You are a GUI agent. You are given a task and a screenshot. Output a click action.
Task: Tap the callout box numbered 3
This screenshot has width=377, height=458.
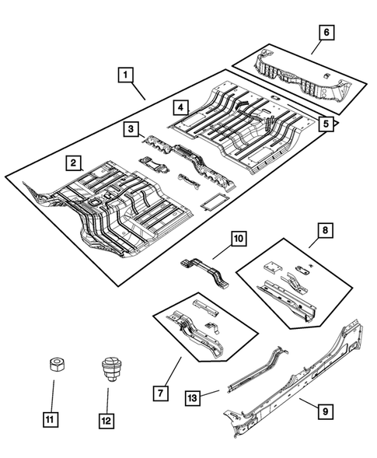[132, 128]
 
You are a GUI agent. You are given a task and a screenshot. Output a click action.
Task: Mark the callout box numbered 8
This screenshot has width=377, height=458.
[326, 230]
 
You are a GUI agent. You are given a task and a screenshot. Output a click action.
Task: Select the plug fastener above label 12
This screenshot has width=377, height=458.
[110, 368]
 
